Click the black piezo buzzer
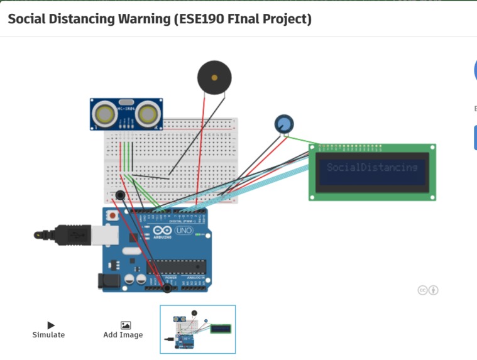tap(214, 78)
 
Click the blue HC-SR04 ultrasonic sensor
tap(127, 114)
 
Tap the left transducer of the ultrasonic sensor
tap(104, 114)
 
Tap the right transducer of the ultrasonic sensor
tap(148, 114)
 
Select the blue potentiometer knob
tap(283, 124)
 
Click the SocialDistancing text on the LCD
tap(372, 168)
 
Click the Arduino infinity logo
tap(161, 231)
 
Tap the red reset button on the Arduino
tap(112, 215)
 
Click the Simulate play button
tap(49, 325)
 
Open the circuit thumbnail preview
tap(197, 329)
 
